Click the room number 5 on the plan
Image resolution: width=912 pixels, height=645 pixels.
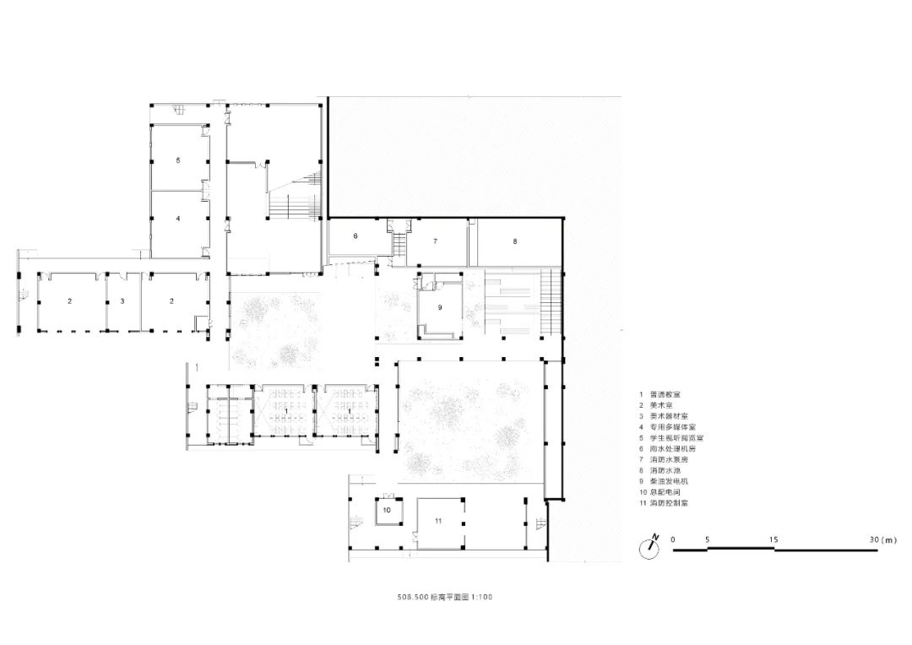178,160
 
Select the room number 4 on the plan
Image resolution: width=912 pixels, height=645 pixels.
178,219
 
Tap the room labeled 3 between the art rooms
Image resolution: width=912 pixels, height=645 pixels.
122,301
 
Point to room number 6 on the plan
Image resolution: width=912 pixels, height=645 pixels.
356,236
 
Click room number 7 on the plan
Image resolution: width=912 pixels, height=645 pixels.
435,241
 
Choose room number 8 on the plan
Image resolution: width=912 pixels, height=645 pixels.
514,241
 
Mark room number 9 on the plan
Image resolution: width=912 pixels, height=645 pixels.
439,308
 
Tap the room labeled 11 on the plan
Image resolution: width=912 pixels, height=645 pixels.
437,522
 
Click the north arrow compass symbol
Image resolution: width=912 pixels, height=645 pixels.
649,546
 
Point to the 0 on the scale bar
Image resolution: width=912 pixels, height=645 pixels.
673,539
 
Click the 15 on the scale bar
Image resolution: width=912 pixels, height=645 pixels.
774,539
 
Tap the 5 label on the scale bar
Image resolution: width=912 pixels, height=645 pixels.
708,539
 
